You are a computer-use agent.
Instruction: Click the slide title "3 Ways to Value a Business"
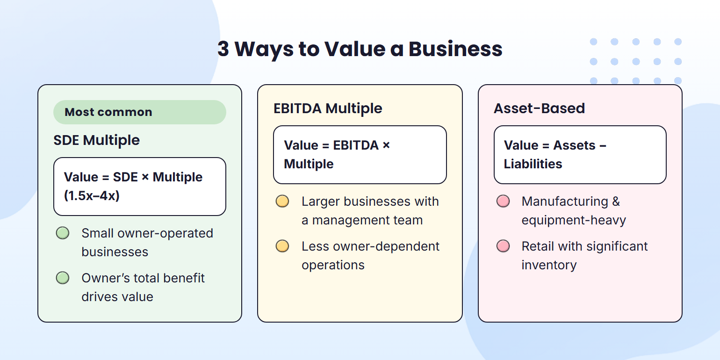(360, 49)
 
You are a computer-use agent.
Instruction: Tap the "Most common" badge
(139, 112)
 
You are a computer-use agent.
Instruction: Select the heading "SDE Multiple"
(97, 140)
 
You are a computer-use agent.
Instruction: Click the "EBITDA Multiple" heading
(328, 108)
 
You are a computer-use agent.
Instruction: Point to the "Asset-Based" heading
(539, 108)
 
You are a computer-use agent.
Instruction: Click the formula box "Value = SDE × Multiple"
(139, 186)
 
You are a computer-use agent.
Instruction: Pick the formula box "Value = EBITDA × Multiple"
(360, 154)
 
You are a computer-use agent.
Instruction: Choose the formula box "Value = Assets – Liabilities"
(580, 154)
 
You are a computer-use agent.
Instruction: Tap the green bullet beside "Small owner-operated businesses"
(63, 233)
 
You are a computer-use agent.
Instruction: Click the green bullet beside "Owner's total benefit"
(63, 278)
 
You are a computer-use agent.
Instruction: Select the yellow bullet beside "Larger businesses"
(282, 202)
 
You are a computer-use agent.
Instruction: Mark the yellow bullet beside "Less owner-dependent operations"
(282, 246)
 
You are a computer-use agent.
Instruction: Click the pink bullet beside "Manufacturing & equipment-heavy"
(503, 202)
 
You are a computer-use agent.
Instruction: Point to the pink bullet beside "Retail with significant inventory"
(503, 246)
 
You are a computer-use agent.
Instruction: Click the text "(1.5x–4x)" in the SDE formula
(92, 195)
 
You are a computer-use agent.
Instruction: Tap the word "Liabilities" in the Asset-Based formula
(533, 164)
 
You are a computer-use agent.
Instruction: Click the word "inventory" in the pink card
(549, 265)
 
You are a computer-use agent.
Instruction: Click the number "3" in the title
(223, 49)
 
